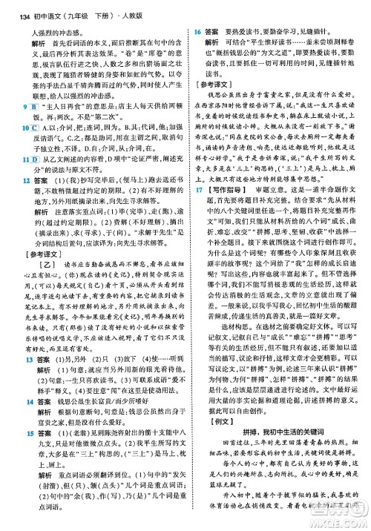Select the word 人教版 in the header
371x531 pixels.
[120, 17]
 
